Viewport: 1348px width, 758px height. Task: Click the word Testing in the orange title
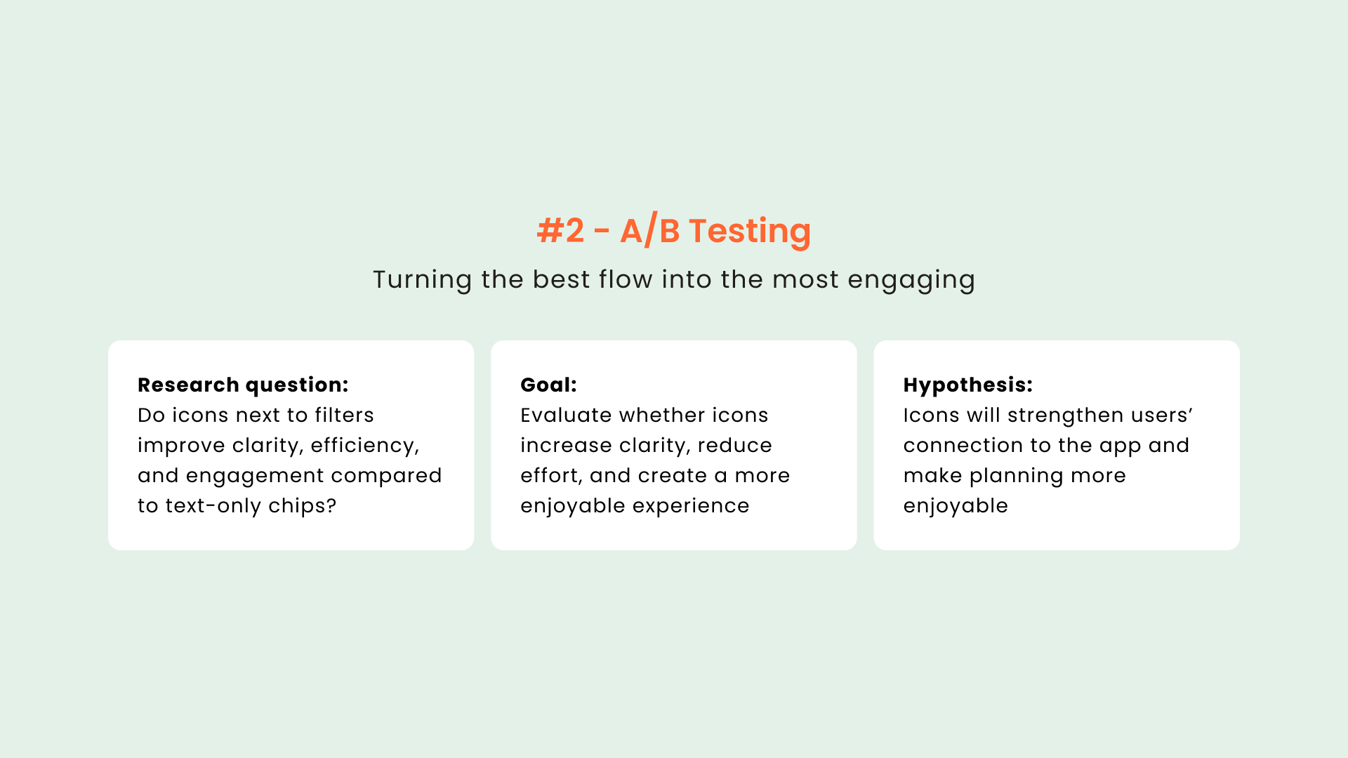750,232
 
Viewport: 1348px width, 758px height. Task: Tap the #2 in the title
560,230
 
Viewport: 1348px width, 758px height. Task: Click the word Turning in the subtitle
423,280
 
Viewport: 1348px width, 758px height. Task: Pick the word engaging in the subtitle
911,280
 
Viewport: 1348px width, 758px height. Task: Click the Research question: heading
243,385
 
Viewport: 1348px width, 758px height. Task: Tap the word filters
344,415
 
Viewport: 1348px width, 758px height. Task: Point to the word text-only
213,505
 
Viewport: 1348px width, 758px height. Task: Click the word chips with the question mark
303,505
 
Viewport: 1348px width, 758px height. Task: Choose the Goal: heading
548,385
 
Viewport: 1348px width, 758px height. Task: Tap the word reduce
735,445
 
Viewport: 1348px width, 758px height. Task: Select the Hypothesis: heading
968,385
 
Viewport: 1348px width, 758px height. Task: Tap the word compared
386,476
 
